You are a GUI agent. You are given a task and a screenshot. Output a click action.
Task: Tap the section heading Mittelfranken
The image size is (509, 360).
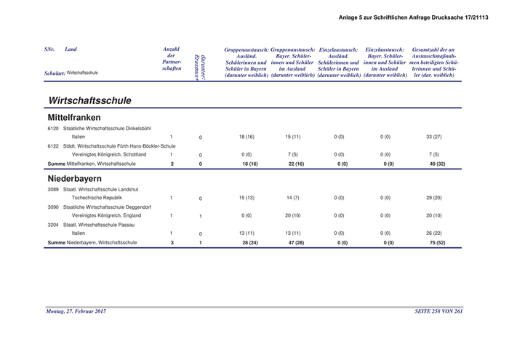pos(73,117)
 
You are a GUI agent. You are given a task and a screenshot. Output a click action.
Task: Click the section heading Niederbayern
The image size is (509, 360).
pos(74,177)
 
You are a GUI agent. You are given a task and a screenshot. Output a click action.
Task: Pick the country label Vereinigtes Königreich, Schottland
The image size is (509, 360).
pos(114,154)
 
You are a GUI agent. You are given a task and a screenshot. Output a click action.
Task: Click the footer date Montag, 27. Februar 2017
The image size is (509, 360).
pos(76,311)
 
